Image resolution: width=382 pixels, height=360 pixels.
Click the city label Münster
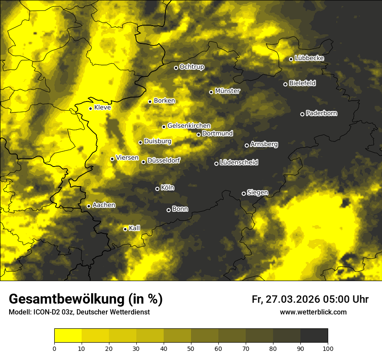tap(227, 91)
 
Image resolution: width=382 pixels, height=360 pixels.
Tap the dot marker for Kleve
tap(90, 108)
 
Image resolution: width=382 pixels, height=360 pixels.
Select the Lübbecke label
tap(309, 58)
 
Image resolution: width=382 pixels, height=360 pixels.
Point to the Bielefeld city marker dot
tap(285, 84)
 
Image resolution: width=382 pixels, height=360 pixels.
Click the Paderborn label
tap(322, 113)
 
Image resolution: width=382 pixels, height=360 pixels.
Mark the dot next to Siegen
tap(244, 193)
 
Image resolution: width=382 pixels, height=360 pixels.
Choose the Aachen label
tap(104, 205)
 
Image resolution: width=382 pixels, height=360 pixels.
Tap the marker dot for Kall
tap(125, 229)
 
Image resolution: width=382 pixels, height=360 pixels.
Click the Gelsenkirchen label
tap(189, 126)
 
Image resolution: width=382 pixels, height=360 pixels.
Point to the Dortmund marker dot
tap(198, 134)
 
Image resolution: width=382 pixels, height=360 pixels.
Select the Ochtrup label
tap(191, 67)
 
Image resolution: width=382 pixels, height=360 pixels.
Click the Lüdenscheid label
tap(239, 163)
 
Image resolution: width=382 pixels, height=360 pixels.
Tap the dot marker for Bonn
tap(168, 210)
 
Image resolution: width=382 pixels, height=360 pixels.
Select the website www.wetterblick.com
tap(313, 312)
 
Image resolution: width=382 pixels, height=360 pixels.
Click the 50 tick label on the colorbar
tap(191, 348)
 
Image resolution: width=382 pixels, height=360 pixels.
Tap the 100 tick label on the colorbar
tap(327, 348)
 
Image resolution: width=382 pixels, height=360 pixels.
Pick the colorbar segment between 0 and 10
tap(68, 335)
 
